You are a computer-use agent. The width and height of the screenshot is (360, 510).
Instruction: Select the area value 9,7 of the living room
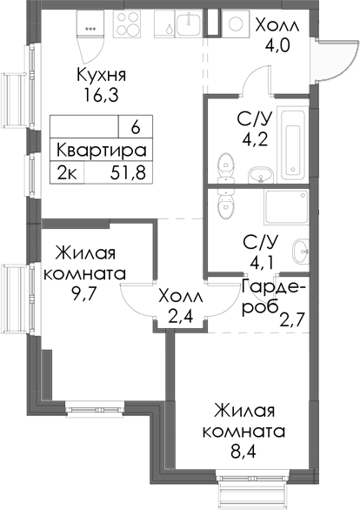[x=84, y=293]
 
